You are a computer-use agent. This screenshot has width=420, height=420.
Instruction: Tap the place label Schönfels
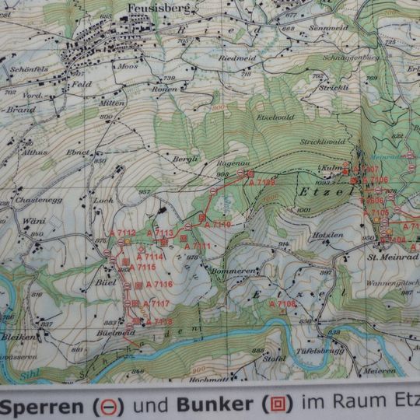pyautogui.click(x=29, y=68)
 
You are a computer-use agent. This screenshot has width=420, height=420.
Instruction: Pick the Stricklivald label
pyautogui.click(x=322, y=142)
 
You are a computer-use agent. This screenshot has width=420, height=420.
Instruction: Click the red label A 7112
pyautogui.click(x=123, y=233)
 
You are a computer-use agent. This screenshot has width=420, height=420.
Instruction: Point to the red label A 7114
pyautogui.click(x=151, y=256)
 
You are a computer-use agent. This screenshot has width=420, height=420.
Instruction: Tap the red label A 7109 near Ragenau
pyautogui.click(x=262, y=182)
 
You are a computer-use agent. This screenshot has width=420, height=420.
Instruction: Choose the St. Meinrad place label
pyautogui.click(x=393, y=257)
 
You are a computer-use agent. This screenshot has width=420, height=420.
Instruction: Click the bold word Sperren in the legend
pyautogui.click(x=45, y=404)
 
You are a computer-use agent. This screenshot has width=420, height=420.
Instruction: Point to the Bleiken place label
pyautogui.click(x=17, y=338)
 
